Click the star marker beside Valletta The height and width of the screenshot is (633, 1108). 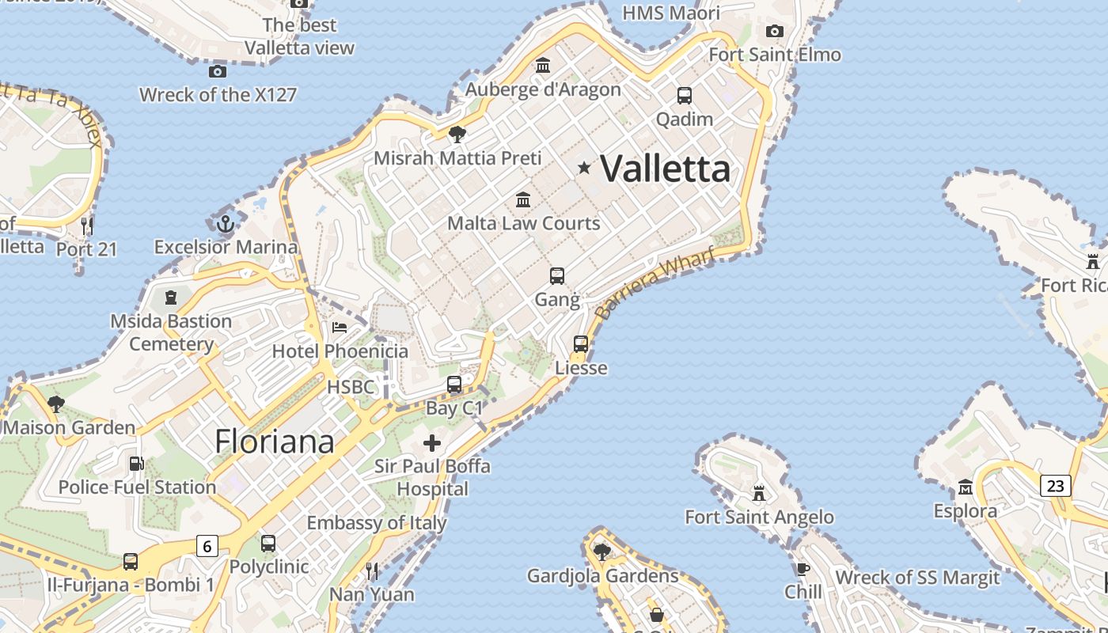[584, 168]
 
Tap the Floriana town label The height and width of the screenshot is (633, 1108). [275, 442]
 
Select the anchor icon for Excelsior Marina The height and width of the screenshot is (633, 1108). [226, 224]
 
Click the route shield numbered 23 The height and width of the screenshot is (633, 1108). [1056, 485]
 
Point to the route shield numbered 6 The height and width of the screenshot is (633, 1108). [207, 546]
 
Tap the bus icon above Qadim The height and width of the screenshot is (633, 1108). [685, 96]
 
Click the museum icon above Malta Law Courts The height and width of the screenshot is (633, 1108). [523, 199]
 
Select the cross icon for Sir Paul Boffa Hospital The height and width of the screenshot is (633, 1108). [432, 443]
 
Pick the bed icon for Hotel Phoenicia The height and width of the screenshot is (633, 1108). [340, 327]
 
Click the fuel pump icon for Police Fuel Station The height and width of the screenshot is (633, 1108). [137, 464]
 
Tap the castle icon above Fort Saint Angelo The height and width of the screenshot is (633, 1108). [759, 494]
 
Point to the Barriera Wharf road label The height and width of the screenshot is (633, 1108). [655, 282]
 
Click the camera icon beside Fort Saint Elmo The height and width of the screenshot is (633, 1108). [775, 31]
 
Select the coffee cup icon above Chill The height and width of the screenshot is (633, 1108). [803, 569]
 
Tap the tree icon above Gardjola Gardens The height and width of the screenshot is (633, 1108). [602, 552]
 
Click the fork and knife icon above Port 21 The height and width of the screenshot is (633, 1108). [87, 226]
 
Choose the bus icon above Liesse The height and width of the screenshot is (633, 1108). [581, 344]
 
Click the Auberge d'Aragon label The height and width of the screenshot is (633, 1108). [543, 89]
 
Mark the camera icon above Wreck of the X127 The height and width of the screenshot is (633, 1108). [218, 72]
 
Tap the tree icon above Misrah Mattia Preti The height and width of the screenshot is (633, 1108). [457, 134]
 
